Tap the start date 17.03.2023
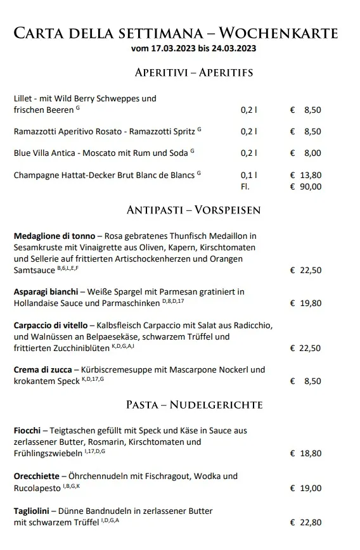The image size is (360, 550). (169, 48)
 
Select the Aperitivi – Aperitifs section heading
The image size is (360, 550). (194, 72)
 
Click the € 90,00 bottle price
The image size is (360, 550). (305, 186)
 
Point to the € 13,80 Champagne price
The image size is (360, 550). (305, 176)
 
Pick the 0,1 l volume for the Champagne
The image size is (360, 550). (249, 176)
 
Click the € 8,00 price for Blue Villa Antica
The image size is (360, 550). (305, 153)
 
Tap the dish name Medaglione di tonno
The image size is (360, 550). (55, 236)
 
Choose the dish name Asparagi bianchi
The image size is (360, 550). (46, 291)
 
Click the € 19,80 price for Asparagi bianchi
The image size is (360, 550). (305, 303)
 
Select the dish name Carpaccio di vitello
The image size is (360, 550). (51, 325)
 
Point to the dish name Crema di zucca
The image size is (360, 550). (43, 369)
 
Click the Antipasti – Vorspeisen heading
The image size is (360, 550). (194, 210)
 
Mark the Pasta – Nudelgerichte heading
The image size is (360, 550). (194, 404)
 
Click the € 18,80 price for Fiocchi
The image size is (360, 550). (305, 453)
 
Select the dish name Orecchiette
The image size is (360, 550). (37, 476)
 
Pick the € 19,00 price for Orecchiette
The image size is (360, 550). (305, 488)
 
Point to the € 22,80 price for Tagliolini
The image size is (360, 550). (305, 522)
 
